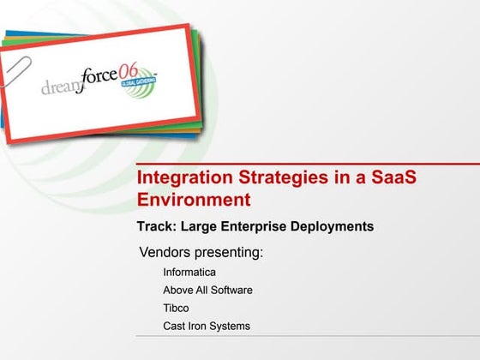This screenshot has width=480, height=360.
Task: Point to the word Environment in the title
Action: coord(195,201)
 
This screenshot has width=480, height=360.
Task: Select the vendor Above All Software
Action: coord(207,291)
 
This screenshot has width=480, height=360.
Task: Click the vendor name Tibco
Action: coord(176,308)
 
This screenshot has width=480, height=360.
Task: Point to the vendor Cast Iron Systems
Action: coord(207,326)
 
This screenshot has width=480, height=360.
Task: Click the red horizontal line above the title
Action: coord(309,163)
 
